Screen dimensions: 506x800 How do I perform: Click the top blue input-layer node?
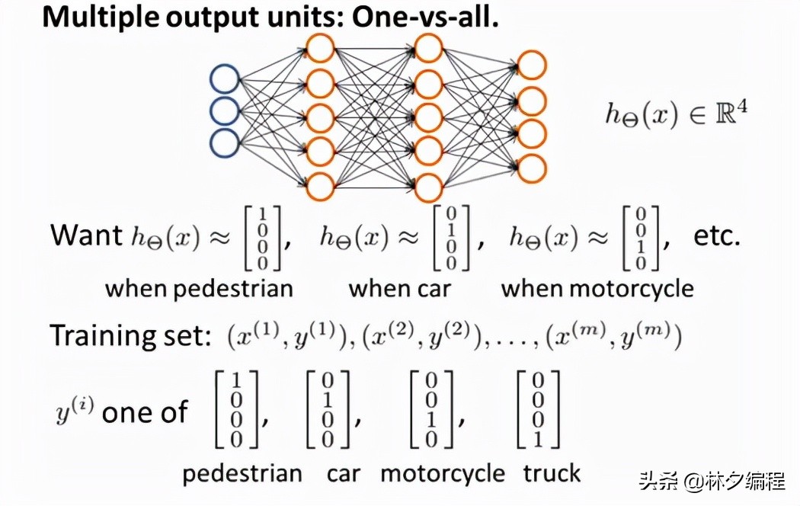tap(225, 79)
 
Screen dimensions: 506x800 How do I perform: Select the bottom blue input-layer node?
tap(225, 143)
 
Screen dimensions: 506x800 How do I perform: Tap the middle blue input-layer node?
tap(225, 111)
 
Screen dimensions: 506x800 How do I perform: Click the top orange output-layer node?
tap(531, 66)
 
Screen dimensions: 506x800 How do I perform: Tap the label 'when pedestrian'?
tap(199, 289)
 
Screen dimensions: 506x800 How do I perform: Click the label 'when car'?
tap(399, 289)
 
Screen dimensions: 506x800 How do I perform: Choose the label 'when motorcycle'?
tap(597, 289)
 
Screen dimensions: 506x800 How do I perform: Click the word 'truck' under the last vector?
tap(552, 473)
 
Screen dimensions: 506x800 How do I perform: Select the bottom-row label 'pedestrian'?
tap(242, 473)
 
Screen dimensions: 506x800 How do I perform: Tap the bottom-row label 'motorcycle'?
tap(443, 473)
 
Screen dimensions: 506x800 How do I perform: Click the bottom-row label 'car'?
tap(344, 473)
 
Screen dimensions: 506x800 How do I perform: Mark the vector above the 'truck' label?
tap(539, 409)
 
